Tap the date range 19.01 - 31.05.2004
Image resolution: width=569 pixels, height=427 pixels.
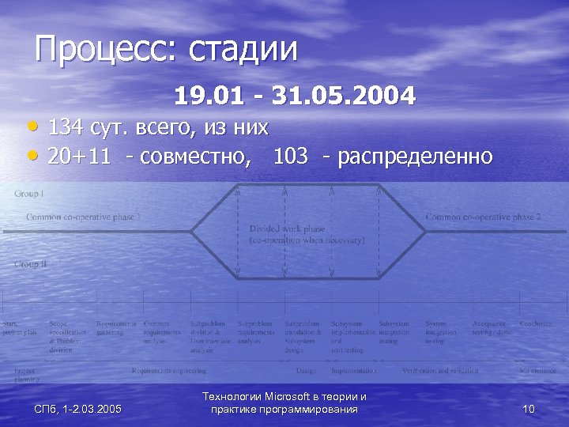pos(295,97)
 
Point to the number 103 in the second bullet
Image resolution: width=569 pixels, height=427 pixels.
pos(290,156)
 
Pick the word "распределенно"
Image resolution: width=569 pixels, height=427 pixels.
pos(415,157)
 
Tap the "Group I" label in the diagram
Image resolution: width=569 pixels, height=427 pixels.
pos(29,194)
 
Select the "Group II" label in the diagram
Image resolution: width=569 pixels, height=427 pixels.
pos(31,264)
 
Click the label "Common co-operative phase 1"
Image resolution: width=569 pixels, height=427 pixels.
pos(84,217)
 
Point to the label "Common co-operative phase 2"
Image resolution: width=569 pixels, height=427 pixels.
pos(483,217)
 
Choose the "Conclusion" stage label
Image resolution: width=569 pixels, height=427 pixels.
pos(536,323)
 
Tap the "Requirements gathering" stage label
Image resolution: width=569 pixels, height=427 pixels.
pos(116,328)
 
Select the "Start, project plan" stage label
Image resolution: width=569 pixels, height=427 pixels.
pos(19,328)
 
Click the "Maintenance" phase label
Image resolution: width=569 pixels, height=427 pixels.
pos(537,370)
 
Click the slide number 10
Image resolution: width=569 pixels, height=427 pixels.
pos(529,409)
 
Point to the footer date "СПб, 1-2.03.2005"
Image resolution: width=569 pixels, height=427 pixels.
pos(77,409)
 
